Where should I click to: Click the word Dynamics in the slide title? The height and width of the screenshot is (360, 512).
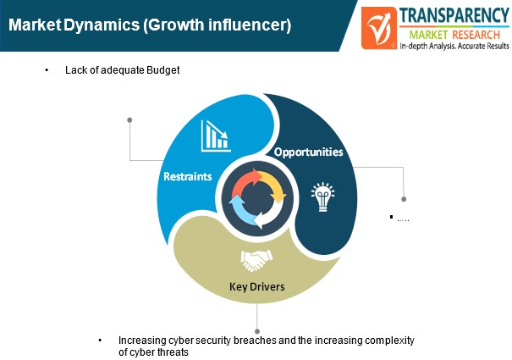(x=102, y=25)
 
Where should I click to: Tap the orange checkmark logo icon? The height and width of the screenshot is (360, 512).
(x=379, y=28)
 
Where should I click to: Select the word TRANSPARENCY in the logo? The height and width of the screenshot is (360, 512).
(x=454, y=15)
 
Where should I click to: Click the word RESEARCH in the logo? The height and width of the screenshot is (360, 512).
(x=476, y=35)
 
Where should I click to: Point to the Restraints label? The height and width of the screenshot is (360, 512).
(x=188, y=176)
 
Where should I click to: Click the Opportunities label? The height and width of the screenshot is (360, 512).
(x=309, y=152)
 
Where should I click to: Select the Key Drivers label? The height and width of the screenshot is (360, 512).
(x=257, y=287)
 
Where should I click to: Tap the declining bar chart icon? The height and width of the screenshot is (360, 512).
(x=216, y=136)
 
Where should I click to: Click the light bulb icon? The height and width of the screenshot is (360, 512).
(x=322, y=197)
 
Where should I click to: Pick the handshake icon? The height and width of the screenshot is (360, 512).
(x=256, y=261)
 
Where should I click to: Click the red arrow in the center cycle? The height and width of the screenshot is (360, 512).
(x=246, y=181)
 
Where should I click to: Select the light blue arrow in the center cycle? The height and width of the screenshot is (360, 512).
(x=241, y=209)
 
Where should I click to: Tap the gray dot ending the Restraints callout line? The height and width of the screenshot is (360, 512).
(x=129, y=120)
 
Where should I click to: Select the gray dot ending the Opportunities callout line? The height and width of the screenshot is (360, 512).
(x=404, y=199)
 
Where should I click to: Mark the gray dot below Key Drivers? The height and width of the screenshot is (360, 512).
(x=257, y=331)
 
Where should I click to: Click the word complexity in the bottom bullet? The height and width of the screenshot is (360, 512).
(x=389, y=341)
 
